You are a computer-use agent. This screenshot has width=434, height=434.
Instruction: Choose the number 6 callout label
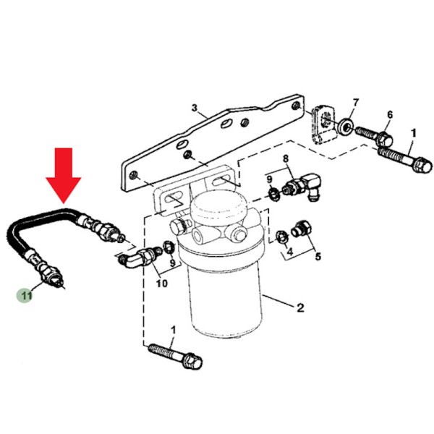click(389, 115)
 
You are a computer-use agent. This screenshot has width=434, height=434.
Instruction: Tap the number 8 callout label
click(285, 158)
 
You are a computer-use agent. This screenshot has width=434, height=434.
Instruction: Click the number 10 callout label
click(161, 283)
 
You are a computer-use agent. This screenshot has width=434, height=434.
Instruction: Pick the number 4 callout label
click(290, 252)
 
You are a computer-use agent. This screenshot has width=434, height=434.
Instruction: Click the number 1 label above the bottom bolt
click(173, 330)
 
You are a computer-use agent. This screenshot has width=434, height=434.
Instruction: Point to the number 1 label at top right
click(413, 133)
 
